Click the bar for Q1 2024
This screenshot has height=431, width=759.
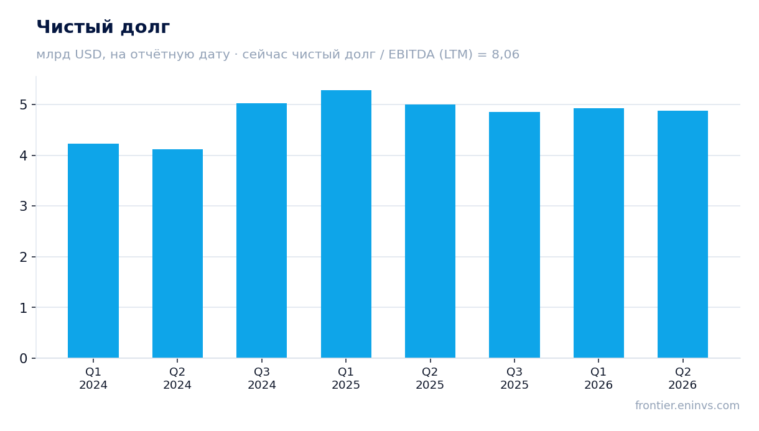coord(93,251)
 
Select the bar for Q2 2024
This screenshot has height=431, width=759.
coord(177,254)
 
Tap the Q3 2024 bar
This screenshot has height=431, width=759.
coord(261,230)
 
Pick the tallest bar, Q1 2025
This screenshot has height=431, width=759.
coord(346,224)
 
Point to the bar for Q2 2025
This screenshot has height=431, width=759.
coord(430,231)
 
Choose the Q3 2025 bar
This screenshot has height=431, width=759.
coord(515,235)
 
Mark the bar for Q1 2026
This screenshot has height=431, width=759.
coord(598,233)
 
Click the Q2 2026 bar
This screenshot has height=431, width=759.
coord(682,234)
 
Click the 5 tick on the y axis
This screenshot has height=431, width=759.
coord(24,105)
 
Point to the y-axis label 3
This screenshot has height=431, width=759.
coord(24,206)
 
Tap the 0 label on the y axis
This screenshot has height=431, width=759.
coord(24,358)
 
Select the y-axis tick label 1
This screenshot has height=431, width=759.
coord(24,308)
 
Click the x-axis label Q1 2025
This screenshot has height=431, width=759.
coord(346,379)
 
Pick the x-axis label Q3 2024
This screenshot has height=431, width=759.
coord(261,379)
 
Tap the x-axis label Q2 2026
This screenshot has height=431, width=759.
coord(682,379)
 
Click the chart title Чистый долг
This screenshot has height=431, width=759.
coord(103,27)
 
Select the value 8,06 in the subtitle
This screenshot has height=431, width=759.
coord(505,55)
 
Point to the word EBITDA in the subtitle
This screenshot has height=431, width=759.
coord(411,55)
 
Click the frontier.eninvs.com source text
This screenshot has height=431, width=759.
coord(687,406)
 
